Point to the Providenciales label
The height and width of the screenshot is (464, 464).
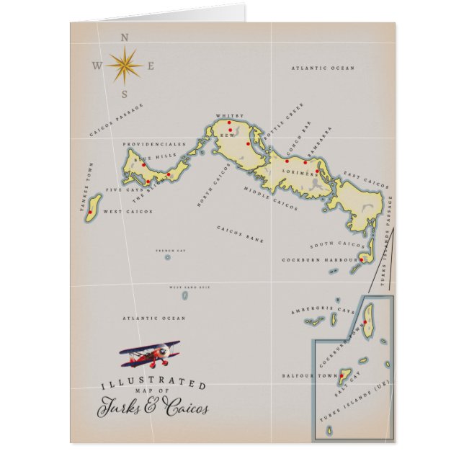(153, 144)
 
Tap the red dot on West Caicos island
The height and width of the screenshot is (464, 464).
(91, 213)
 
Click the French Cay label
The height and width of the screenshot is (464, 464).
(166, 251)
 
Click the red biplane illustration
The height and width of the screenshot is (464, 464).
(151, 353)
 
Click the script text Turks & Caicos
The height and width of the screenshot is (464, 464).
(153, 407)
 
